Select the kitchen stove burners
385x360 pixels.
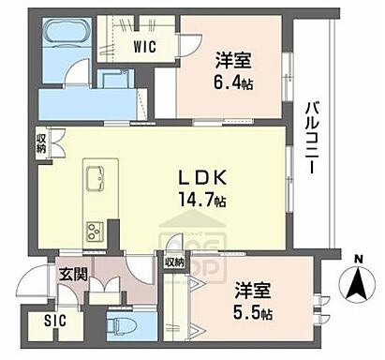97,231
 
